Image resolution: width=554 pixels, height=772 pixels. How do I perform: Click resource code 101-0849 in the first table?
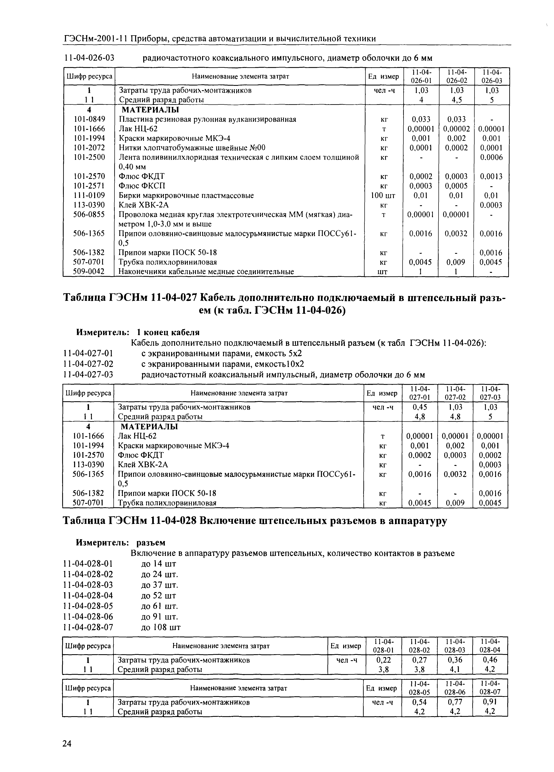[x=89, y=119]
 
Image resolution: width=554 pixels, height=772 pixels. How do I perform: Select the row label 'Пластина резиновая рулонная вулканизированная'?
[x=207, y=119]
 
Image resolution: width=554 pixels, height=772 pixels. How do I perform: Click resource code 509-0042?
[x=89, y=272]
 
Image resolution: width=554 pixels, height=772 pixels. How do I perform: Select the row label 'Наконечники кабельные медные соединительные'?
[x=206, y=272]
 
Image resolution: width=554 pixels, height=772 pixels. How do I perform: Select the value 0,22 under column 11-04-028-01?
[x=383, y=660]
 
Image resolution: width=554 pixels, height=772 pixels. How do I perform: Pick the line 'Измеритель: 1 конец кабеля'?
[x=138, y=332]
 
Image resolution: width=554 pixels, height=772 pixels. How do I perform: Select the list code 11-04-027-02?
[x=88, y=364]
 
